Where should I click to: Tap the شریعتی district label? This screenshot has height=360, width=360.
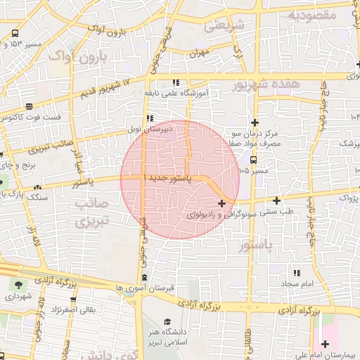pos(224,26)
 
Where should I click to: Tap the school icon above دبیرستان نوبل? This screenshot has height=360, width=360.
pos(149,118)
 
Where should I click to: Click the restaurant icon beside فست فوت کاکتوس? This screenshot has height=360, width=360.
pos(30,105)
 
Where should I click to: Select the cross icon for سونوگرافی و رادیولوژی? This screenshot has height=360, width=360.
pos(222,203)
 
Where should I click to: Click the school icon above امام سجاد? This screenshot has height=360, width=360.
pos(297,272)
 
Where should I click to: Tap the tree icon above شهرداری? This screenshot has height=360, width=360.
pos(17,285)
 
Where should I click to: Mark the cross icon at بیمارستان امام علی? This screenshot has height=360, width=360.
pos(325,344)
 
